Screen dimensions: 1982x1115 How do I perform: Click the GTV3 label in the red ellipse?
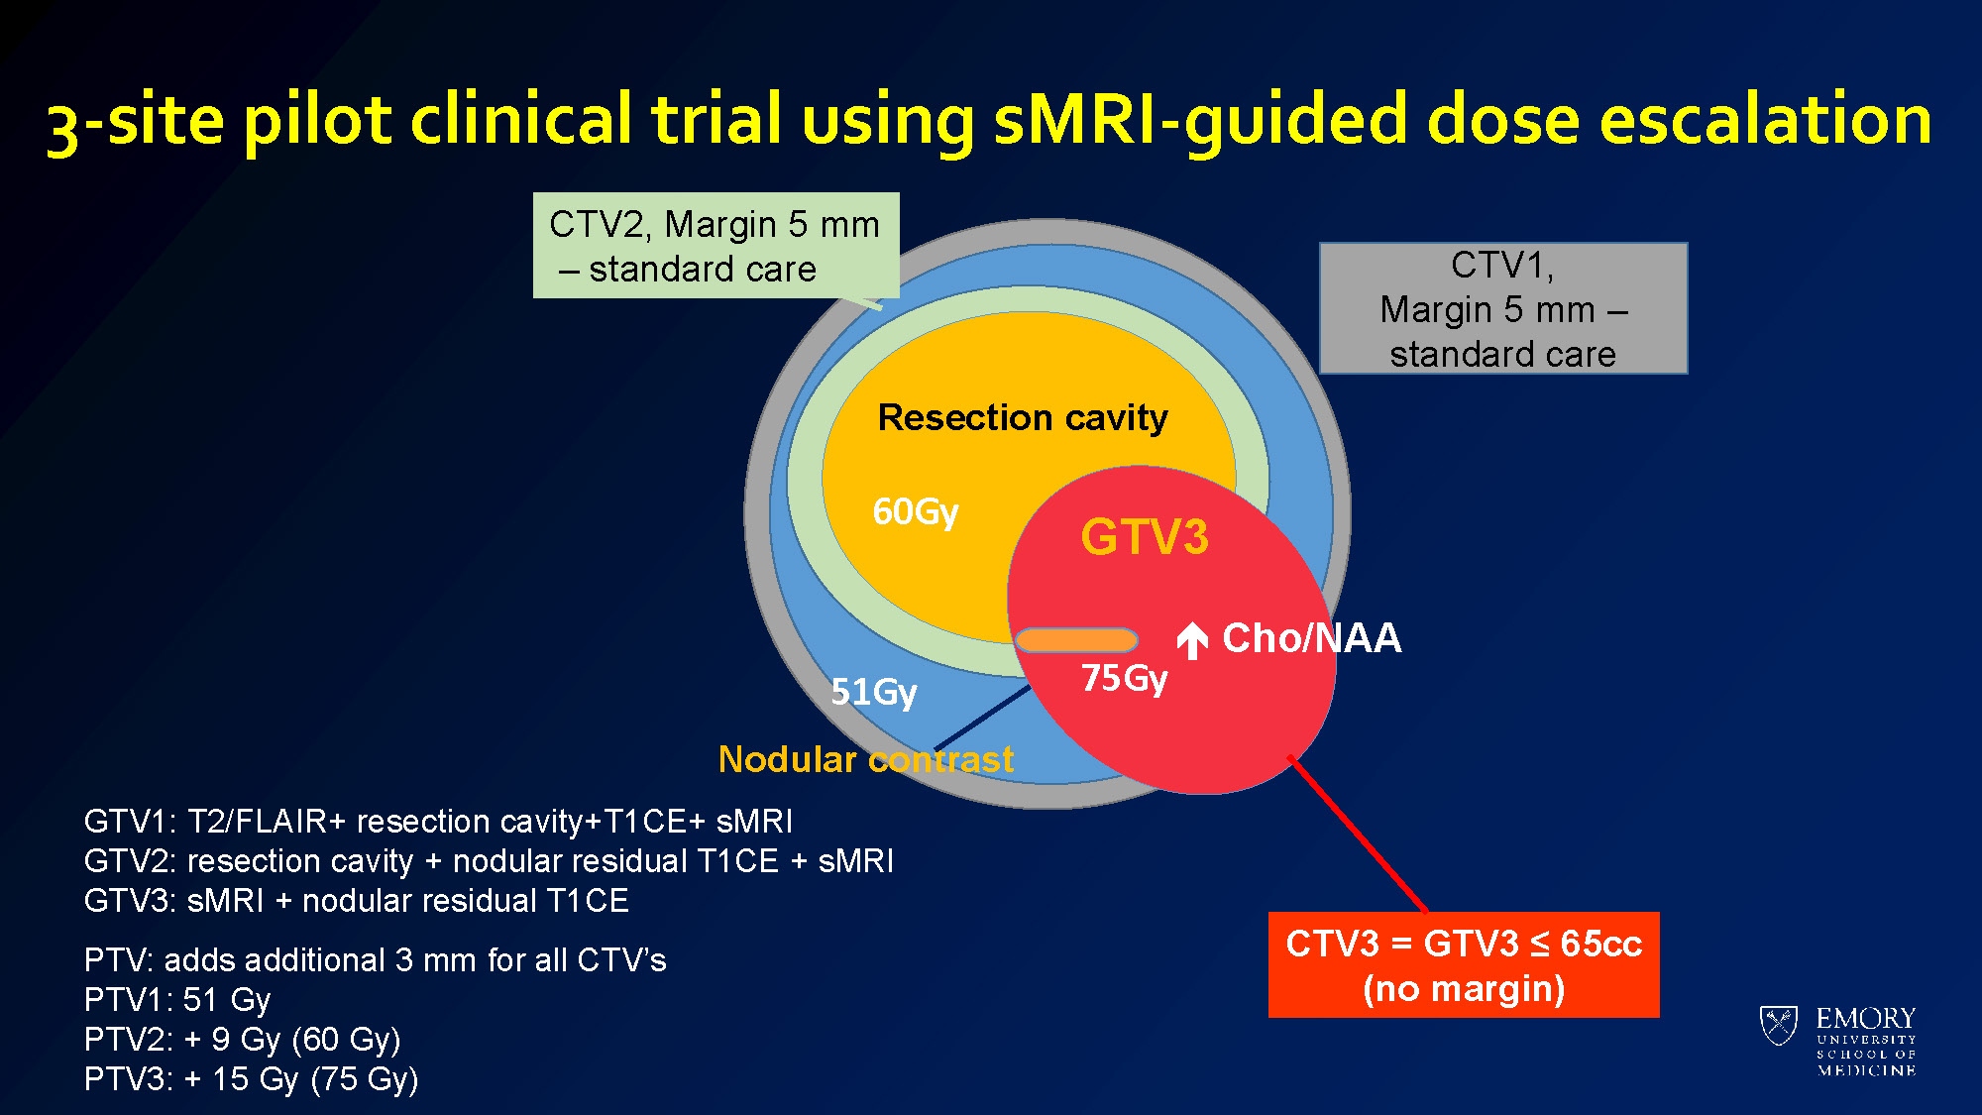pos(1145,537)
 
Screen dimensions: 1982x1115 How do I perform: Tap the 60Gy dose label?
pos(915,511)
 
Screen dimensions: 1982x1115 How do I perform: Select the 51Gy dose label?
pos(873,691)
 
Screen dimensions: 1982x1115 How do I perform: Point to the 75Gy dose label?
pos(1124,678)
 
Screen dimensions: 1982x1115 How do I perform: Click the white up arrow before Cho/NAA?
pos(1192,640)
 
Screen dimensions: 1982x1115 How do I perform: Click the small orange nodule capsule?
pos(1076,640)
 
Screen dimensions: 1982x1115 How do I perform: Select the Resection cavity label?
pos(1023,417)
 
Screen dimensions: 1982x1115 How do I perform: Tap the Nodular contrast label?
pos(865,759)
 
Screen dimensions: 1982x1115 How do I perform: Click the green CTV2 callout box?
pos(716,246)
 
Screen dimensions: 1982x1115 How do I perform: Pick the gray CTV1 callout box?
pos(1502,308)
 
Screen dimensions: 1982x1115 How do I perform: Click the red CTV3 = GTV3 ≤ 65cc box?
pos(1464,964)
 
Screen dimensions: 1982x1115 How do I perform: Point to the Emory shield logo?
pos(1779,1025)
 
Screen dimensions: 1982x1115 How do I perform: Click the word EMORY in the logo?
pos(1865,1018)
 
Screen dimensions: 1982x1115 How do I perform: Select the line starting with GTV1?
pos(438,822)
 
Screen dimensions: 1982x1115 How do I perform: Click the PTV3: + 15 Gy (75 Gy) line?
pos(251,1079)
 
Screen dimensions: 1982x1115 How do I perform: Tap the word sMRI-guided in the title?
pos(1199,119)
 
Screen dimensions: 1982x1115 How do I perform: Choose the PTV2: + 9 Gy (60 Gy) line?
pos(242,1040)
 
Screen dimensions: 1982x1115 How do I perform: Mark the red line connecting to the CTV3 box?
pos(1358,834)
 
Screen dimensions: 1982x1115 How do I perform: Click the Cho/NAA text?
pos(1311,638)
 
